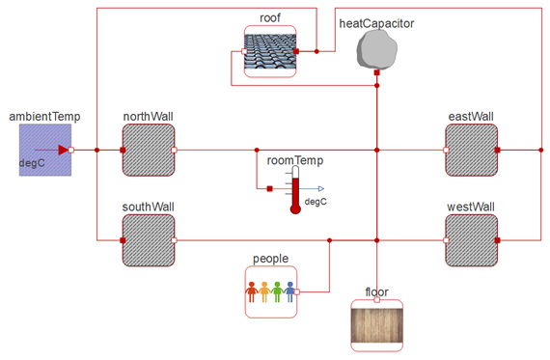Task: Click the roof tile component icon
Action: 270,51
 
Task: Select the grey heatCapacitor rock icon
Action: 377,49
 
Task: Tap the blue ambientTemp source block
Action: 45,150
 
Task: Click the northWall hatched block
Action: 149,150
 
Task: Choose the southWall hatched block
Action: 149,240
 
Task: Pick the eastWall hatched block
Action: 472,150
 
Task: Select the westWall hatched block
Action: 472,240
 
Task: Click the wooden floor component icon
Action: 377,325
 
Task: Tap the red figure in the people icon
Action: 252,291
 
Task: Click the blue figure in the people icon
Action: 289,291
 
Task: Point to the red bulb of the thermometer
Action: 295,209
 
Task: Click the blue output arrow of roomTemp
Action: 312,189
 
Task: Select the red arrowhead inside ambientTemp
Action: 63,150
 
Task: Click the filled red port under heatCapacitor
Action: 376,72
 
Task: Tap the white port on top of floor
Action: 376,300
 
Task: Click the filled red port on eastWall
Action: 497,150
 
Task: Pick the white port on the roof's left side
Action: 244,51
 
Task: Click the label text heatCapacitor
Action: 376,23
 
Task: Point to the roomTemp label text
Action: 295,160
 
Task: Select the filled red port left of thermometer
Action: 269,189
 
